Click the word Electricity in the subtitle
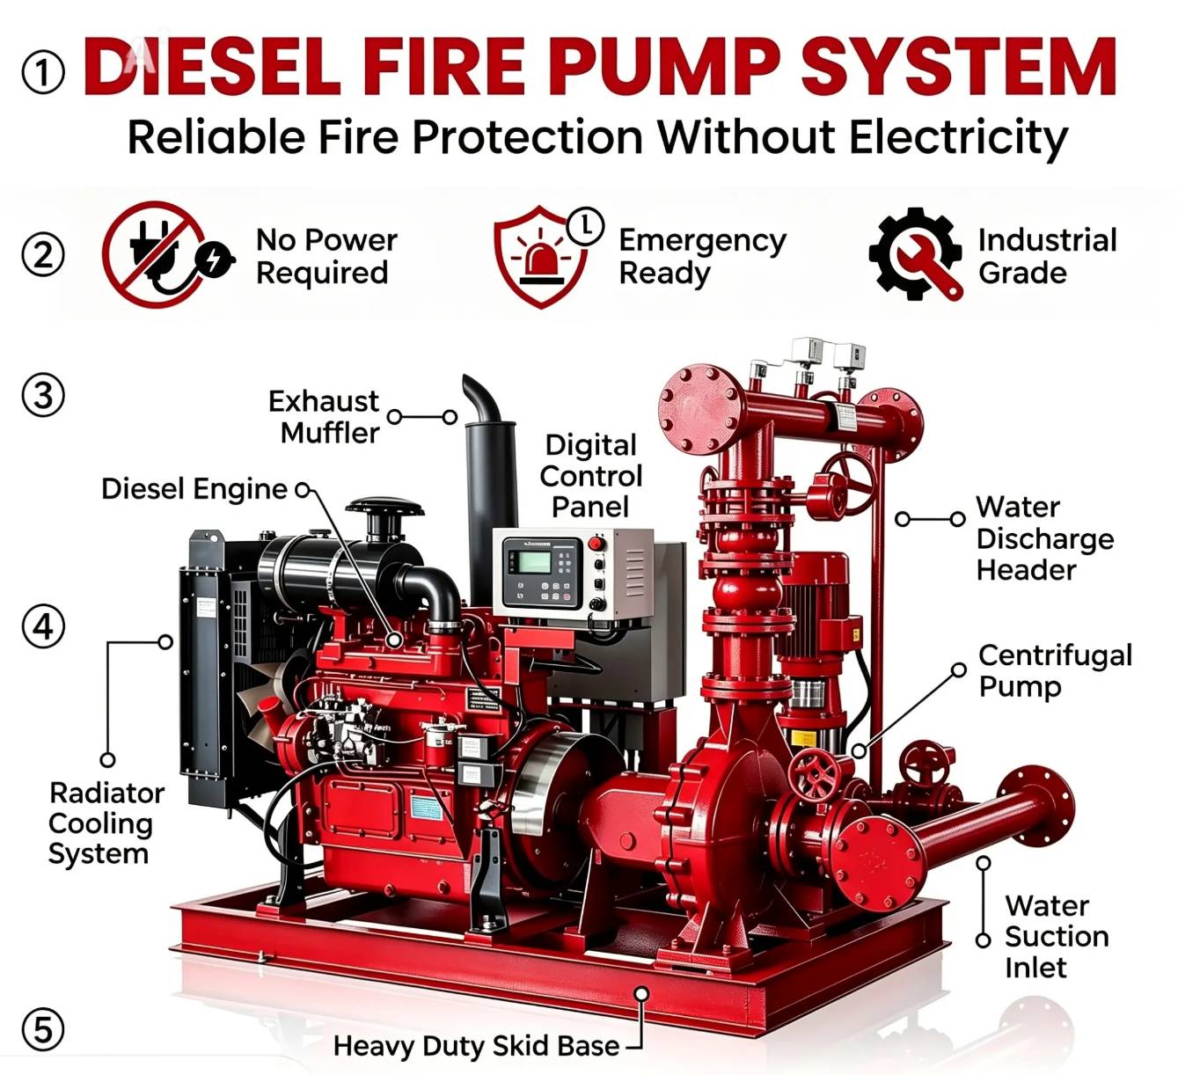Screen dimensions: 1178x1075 pyautogui.click(x=958, y=138)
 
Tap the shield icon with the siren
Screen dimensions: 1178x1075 pyautogui.click(x=541, y=256)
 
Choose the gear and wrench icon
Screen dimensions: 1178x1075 pyautogui.click(x=916, y=253)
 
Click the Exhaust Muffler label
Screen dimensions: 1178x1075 pyautogui.click(x=324, y=417)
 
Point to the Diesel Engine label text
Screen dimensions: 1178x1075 pyautogui.click(x=194, y=489)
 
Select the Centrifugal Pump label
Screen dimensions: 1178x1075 pyautogui.click(x=1055, y=670)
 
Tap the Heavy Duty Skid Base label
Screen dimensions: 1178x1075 pyautogui.click(x=476, y=1046)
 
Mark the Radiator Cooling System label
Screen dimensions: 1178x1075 pyautogui.click(x=106, y=823)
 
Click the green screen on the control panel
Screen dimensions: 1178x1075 pyautogui.click(x=533, y=562)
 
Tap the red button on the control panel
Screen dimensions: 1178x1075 pyautogui.click(x=596, y=543)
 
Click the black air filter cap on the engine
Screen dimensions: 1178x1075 pyautogui.click(x=384, y=507)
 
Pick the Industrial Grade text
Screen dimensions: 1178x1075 pyautogui.click(x=1047, y=257)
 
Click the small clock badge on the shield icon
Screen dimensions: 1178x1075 pyautogui.click(x=585, y=225)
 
